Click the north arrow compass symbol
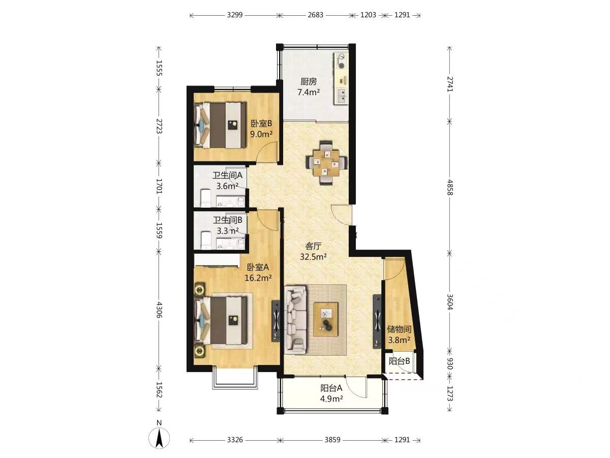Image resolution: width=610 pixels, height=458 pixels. (x=159, y=438)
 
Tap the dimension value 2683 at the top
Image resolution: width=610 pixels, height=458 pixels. (x=316, y=15)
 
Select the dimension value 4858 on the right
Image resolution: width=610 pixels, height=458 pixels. (x=450, y=187)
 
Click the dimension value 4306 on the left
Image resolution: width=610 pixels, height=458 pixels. (x=159, y=310)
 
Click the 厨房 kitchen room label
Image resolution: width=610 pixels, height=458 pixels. (x=309, y=81)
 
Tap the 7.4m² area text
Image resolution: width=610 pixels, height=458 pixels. (x=309, y=92)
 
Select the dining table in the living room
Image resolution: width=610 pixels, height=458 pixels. (x=326, y=163)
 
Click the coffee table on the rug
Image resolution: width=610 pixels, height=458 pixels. (x=326, y=319)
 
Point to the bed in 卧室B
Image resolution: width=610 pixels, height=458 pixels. (x=221, y=125)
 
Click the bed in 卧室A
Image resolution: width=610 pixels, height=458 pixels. (x=221, y=320)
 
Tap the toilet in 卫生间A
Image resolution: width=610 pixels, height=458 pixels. (x=206, y=198)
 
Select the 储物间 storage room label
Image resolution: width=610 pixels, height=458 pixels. (x=399, y=329)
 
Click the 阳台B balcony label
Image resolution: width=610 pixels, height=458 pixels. (x=400, y=361)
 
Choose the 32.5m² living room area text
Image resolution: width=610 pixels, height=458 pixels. (x=313, y=256)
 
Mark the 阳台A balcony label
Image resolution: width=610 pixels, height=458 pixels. (x=331, y=388)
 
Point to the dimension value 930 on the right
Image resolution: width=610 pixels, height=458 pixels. (x=450, y=364)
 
